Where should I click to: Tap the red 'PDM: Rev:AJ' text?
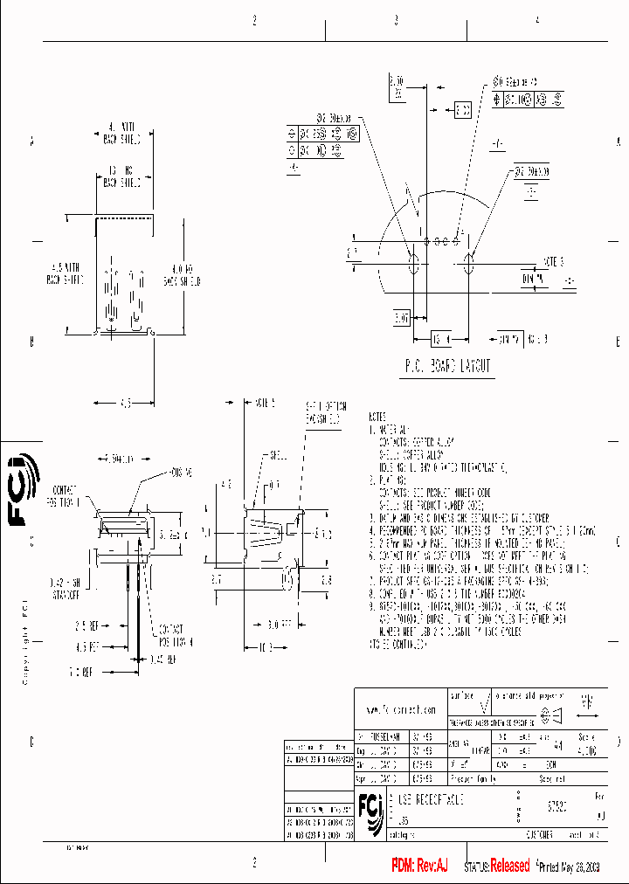tap(416, 866)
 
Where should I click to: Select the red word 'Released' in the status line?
tap(509, 866)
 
